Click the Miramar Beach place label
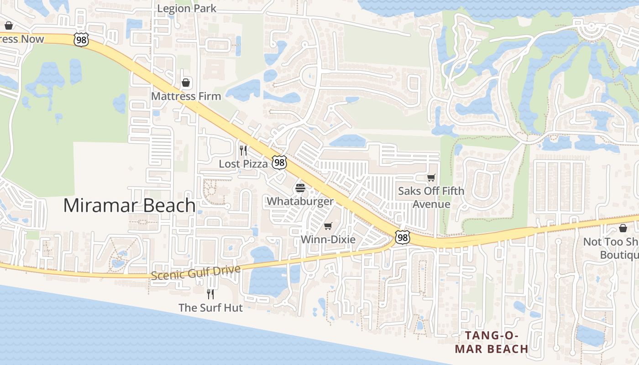click(129, 205)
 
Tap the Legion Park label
click(186, 8)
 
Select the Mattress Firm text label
click(186, 96)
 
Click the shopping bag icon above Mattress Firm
click(186, 83)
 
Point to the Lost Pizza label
click(243, 164)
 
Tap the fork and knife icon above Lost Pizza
click(243, 150)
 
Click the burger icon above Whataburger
click(300, 188)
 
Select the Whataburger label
click(300, 201)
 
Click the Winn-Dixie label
click(328, 240)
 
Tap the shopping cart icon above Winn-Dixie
click(328, 226)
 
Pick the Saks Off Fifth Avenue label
click(431, 197)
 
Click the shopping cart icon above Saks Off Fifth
click(431, 177)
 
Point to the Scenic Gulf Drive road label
click(195, 272)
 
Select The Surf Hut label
click(210, 308)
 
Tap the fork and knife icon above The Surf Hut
click(210, 294)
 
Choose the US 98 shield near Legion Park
click(80, 40)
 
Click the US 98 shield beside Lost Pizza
click(279, 162)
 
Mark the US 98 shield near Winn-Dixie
click(403, 237)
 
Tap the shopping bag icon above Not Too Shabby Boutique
click(623, 228)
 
